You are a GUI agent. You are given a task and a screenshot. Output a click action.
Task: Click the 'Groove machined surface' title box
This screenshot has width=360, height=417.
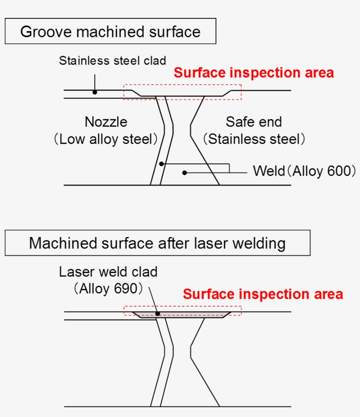point(110,31)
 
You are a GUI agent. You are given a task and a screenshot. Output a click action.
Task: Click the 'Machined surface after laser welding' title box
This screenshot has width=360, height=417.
point(157,243)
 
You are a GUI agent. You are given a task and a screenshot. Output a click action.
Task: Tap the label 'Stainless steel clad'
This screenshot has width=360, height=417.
point(112,60)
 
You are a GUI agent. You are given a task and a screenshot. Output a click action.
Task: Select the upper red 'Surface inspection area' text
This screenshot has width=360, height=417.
point(254,72)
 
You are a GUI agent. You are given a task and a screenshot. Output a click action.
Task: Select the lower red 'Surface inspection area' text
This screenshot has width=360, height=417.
point(263,294)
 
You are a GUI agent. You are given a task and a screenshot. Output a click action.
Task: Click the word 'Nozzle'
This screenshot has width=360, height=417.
point(106,122)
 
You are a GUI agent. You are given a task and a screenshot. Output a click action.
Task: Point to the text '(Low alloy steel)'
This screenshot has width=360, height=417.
point(106,139)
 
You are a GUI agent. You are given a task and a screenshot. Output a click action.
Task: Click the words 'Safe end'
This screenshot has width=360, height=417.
point(254,122)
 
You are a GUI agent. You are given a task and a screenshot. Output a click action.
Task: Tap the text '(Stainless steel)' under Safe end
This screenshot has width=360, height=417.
point(254,139)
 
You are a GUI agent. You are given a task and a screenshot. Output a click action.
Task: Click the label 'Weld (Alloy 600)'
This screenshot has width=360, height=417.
point(304,171)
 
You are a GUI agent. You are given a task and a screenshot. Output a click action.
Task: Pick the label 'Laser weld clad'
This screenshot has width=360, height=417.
point(108,272)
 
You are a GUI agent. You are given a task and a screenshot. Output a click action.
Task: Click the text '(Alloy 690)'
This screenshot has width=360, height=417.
point(108,289)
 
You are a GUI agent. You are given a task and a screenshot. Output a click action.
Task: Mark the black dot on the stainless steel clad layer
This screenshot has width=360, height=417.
point(94,92)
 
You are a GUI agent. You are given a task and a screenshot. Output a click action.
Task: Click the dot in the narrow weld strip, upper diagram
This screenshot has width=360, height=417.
point(162,164)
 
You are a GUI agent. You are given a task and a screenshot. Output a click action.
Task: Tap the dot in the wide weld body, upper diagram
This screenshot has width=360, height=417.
point(185,173)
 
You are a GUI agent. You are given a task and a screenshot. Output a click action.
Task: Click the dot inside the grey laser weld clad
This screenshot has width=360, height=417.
point(157,314)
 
